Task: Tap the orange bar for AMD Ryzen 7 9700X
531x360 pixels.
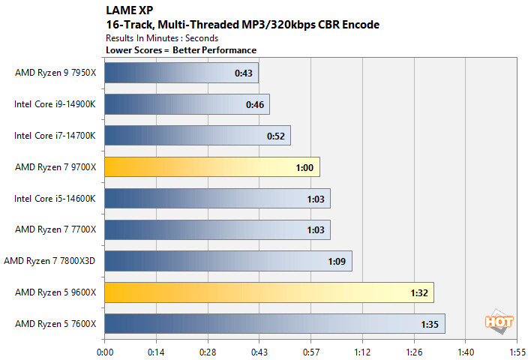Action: [212, 166]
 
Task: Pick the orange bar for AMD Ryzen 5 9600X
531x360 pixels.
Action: [269, 292]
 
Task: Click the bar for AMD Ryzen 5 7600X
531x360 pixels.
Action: [274, 323]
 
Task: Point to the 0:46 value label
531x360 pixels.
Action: [254, 104]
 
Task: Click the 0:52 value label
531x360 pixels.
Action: [275, 136]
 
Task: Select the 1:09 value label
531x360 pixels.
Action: [337, 262]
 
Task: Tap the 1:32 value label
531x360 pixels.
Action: [418, 293]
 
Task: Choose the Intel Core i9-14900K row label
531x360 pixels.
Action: [56, 104]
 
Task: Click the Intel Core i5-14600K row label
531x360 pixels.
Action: [56, 198]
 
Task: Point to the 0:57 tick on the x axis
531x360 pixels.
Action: [310, 350]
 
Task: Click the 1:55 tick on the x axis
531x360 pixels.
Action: [517, 350]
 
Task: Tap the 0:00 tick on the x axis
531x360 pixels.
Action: [105, 350]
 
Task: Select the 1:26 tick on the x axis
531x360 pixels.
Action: [414, 350]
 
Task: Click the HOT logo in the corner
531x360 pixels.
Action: [498, 322]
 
